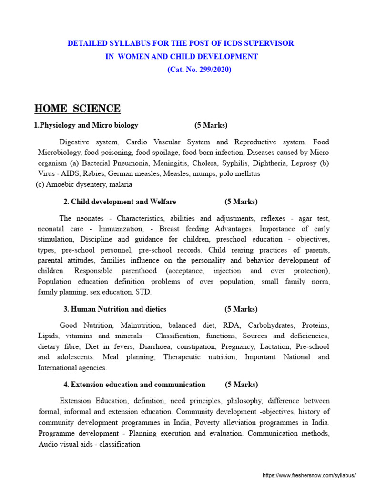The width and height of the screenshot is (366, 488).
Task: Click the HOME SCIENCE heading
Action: pos(77,109)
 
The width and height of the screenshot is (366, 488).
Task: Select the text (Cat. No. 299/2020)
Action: pos(199,70)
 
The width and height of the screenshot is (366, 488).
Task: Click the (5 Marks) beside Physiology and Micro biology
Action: pos(211,125)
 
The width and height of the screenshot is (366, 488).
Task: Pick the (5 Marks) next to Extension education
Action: pos(241,385)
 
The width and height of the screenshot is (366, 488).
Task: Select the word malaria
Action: pos(121,184)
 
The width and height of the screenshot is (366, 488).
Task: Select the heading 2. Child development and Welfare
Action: pos(120,202)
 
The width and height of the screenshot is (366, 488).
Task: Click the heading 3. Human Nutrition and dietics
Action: pos(115,309)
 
